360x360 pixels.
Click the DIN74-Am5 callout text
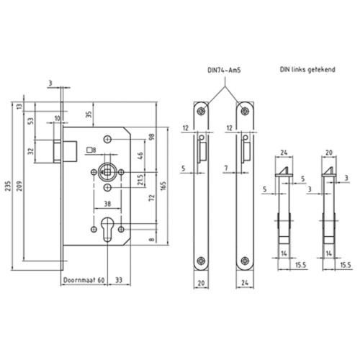click(x=224, y=70)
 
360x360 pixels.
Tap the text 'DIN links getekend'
click(x=307, y=70)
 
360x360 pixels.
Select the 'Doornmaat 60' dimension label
click(x=84, y=280)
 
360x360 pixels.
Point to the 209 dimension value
click(x=19, y=186)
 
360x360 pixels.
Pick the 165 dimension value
click(x=163, y=186)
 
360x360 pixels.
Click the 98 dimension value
click(x=152, y=137)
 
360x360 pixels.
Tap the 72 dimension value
click(x=152, y=198)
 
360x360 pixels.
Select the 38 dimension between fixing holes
click(x=107, y=204)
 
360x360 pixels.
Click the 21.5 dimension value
click(x=140, y=179)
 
